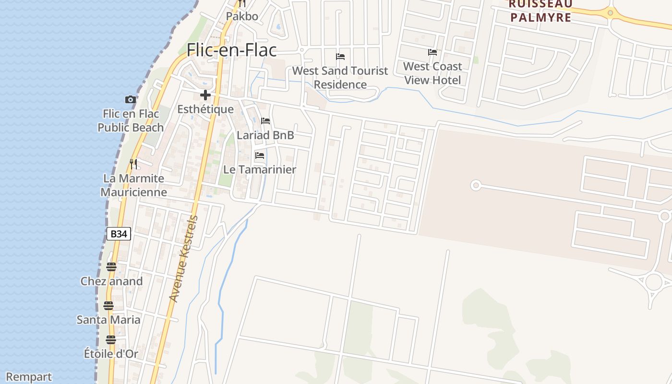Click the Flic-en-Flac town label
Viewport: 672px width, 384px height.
pyautogui.click(x=232, y=50)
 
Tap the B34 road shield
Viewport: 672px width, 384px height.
pyautogui.click(x=118, y=234)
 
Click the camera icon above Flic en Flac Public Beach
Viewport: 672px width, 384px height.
pyautogui.click(x=131, y=100)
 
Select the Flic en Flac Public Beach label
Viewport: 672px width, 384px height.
pyautogui.click(x=131, y=121)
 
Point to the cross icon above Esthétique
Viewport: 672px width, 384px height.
pyautogui.click(x=205, y=95)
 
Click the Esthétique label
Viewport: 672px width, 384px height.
pyautogui.click(x=205, y=109)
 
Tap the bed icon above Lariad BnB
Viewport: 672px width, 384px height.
pyautogui.click(x=265, y=121)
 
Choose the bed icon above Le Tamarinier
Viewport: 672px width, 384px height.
pyautogui.click(x=260, y=156)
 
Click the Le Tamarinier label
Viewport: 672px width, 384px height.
pyautogui.click(x=260, y=169)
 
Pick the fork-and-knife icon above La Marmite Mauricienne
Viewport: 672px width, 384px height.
pyautogui.click(x=133, y=164)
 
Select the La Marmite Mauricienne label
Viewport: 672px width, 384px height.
pyautogui.click(x=133, y=185)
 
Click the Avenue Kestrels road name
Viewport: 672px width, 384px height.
pyautogui.click(x=184, y=259)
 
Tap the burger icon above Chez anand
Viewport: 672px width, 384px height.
pyautogui.click(x=111, y=267)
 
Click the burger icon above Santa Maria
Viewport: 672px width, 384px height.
pyautogui.click(x=108, y=306)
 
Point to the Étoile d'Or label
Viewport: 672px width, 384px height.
pyautogui.click(x=111, y=354)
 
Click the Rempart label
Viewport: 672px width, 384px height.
pyautogui.click(x=29, y=377)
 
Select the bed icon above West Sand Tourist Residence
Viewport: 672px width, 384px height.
pyautogui.click(x=340, y=57)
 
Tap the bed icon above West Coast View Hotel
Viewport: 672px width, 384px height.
pyautogui.click(x=432, y=52)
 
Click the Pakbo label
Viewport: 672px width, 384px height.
pyautogui.click(x=242, y=16)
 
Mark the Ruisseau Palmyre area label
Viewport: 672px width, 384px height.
pyautogui.click(x=540, y=12)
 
